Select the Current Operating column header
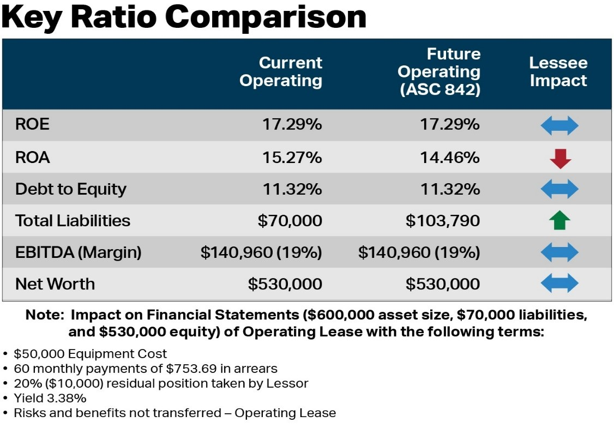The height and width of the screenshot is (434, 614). point(281,71)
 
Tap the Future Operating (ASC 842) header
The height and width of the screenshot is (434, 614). point(439,71)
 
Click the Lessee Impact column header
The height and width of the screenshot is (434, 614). point(558,71)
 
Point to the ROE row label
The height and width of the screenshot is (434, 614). point(32,125)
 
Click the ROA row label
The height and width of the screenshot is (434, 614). point(32,158)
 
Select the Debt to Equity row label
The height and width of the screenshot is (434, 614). point(70,189)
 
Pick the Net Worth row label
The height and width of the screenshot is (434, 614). point(55,284)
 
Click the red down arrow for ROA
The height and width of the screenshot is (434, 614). point(559,158)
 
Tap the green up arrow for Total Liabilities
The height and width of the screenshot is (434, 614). point(559,221)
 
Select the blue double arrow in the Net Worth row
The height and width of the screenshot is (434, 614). point(559,284)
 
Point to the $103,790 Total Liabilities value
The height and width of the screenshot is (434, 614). point(443,221)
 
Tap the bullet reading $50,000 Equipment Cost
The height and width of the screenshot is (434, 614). point(91,354)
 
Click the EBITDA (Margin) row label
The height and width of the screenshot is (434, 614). point(78,252)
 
